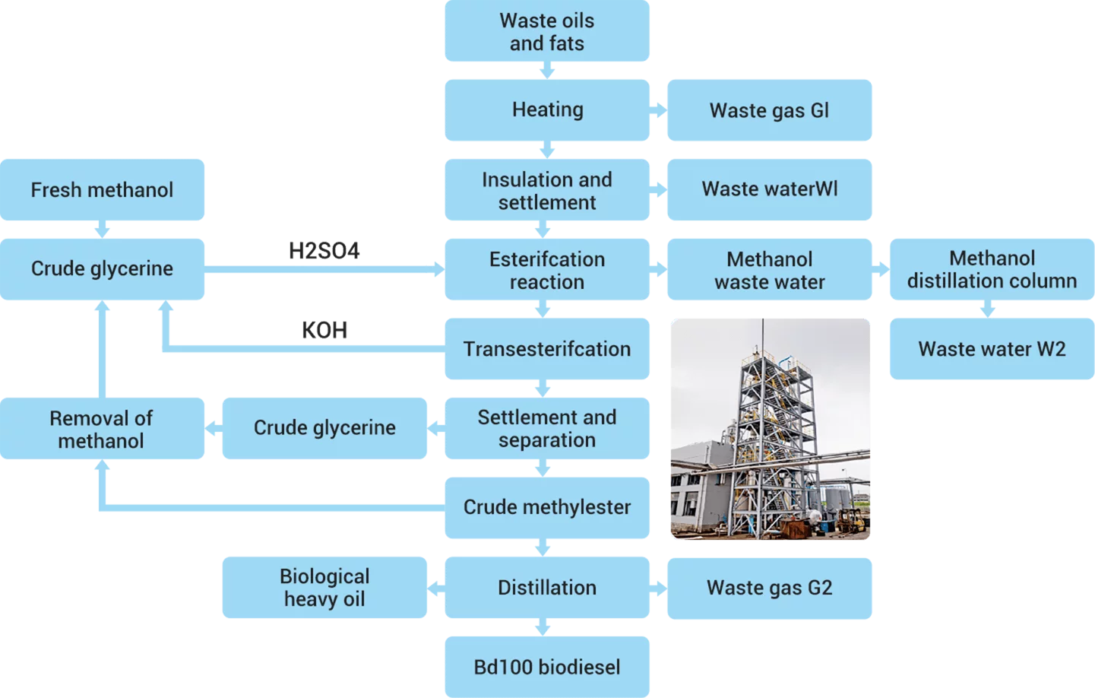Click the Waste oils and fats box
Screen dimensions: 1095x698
coord(547,31)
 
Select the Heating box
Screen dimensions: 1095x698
coord(547,110)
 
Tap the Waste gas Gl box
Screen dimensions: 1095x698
coord(770,110)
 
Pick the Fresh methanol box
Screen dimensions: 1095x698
coord(102,190)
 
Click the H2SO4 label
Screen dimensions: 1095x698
coord(324,251)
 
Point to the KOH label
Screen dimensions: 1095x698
coord(324,330)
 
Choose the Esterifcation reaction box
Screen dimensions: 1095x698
coord(547,269)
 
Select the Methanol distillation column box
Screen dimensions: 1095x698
coord(992,269)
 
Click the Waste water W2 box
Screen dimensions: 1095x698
coord(992,349)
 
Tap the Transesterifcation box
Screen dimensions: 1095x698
coord(547,349)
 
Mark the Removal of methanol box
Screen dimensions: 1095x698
coord(102,429)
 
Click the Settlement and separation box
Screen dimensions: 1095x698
coord(547,429)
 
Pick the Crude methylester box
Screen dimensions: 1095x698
coord(547,508)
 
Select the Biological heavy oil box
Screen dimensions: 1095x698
coord(324,588)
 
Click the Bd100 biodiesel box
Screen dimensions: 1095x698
coord(547,667)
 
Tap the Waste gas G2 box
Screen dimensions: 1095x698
coord(770,589)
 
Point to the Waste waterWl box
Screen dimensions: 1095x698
coord(770,190)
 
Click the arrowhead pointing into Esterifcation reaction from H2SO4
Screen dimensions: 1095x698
coord(439,269)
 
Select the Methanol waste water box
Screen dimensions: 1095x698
coord(770,269)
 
